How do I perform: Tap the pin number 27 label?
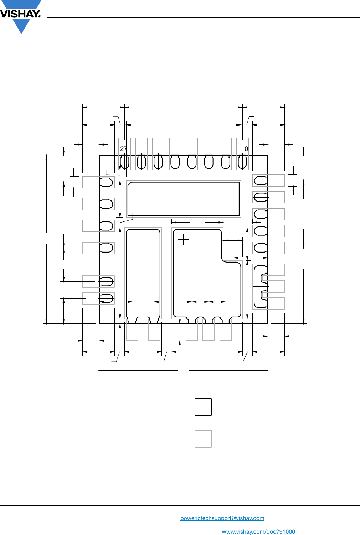coord(124,149)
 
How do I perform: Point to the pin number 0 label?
coord(246,149)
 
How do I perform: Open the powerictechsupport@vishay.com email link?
coord(222,518)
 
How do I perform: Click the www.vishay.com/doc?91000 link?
coord(258,531)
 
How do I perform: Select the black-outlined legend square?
coord(203,407)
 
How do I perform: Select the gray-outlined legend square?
coord(203,439)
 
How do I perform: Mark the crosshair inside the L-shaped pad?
coord(184,240)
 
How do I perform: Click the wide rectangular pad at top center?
coord(184,199)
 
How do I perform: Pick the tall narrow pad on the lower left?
coord(143,275)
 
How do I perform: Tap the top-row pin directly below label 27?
coord(124,162)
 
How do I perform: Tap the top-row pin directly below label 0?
coord(243,162)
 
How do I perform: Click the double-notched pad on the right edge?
coord(261,287)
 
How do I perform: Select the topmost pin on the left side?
coord(106,182)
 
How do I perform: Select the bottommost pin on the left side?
coord(106,298)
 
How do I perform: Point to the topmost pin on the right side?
coord(261,181)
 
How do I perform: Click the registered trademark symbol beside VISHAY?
coord(40,16)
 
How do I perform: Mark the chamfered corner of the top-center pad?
coord(130,184)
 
